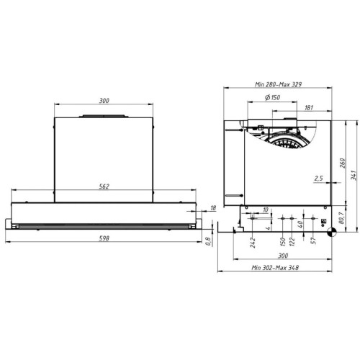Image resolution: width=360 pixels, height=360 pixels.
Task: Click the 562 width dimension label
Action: [104, 186]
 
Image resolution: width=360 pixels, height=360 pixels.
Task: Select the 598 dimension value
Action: [104, 238]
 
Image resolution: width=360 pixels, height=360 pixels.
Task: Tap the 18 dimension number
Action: [213, 208]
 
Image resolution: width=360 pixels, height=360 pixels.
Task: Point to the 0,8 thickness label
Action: [208, 241]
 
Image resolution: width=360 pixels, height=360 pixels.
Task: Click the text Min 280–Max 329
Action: [278, 84]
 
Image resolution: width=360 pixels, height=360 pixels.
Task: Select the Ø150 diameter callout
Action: [272, 97]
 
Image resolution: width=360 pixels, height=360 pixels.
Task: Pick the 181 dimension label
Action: [309, 108]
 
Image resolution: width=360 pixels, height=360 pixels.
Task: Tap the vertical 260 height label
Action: [343, 163]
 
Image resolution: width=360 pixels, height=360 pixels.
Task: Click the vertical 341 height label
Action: [354, 176]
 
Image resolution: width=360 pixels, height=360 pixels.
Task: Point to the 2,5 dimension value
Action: [318, 179]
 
